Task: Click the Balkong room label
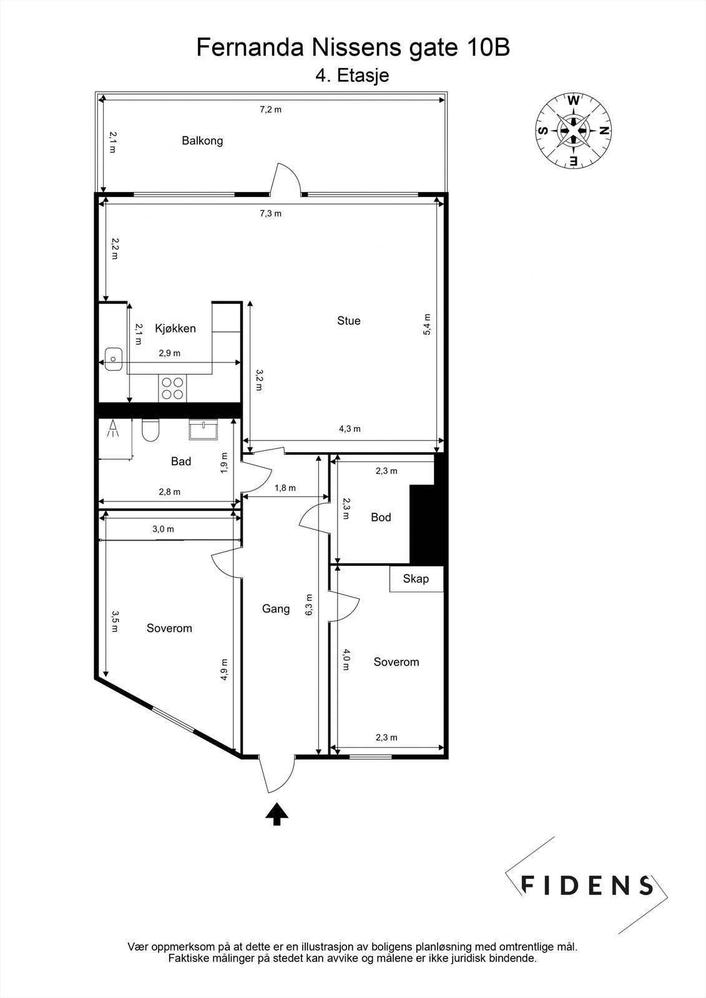pyautogui.click(x=202, y=140)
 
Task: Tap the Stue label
pyautogui.click(x=348, y=321)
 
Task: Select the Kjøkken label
pyautogui.click(x=175, y=328)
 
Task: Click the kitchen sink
pyautogui.click(x=112, y=358)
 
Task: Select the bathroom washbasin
pyautogui.click(x=203, y=430)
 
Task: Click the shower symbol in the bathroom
pyautogui.click(x=114, y=429)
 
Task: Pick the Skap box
pyautogui.click(x=416, y=579)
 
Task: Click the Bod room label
pyautogui.click(x=381, y=517)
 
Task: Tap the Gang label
pyautogui.click(x=275, y=609)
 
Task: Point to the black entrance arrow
pyautogui.click(x=277, y=814)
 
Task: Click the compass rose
pyautogui.click(x=573, y=130)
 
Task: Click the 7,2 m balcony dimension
pyautogui.click(x=270, y=110)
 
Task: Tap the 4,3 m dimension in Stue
pyautogui.click(x=350, y=429)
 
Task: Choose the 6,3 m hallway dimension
pyautogui.click(x=309, y=606)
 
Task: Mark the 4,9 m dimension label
pyautogui.click(x=224, y=670)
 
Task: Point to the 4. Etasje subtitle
pyautogui.click(x=352, y=75)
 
